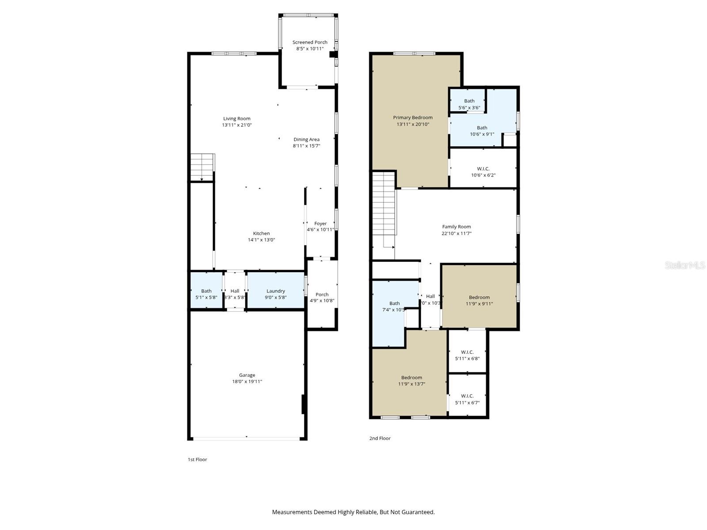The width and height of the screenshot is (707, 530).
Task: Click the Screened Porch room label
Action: coord(310,42)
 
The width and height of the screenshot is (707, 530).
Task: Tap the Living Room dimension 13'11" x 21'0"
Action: coord(237,125)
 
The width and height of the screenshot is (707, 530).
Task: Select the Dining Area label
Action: coord(306,140)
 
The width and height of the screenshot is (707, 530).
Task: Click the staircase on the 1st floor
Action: coord(202,167)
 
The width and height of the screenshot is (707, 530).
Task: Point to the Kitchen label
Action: coord(261,233)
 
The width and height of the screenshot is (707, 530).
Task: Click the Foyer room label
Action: coord(320,223)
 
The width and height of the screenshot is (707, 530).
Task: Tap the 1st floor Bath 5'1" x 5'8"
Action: coord(206,294)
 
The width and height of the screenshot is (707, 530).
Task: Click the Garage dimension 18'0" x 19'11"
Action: coord(247,382)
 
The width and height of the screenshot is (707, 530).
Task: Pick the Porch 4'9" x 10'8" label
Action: coord(322,297)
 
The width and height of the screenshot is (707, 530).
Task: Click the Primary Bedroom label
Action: coord(413,117)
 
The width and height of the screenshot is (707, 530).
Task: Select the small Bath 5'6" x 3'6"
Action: coord(469,104)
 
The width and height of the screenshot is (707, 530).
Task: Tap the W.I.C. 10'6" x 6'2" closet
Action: coord(483,172)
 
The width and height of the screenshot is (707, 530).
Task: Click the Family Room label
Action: coord(456,227)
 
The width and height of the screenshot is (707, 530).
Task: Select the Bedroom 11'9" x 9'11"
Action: coord(479,300)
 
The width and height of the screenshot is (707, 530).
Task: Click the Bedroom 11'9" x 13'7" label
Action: coord(411,378)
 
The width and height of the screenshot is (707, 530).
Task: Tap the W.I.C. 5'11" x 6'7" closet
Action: coord(467,399)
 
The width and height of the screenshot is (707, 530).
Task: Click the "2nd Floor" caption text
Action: coord(380,439)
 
